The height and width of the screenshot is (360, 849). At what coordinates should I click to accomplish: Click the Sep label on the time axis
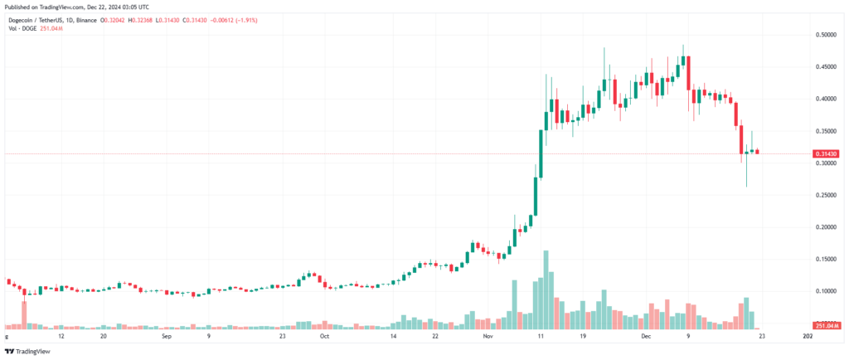[x=166, y=338]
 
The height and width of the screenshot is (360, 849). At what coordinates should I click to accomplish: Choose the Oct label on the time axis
[x=325, y=338]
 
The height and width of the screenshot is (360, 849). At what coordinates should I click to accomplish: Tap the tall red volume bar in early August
[x=24, y=313]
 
